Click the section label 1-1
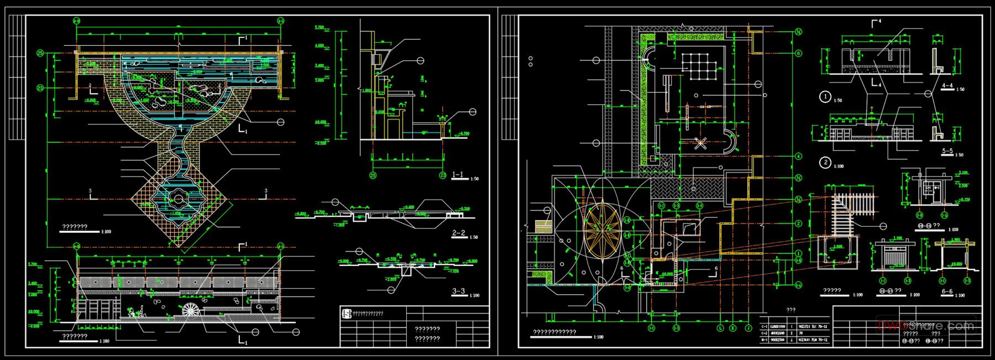pyautogui.click(x=458, y=175)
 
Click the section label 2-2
pyautogui.click(x=458, y=233)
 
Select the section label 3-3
pyautogui.click(x=458, y=291)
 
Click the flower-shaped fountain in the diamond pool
pyautogui.click(x=179, y=197)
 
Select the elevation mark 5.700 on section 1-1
pyautogui.click(x=319, y=27)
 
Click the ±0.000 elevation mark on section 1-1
pyautogui.click(x=320, y=122)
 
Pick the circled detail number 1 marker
pyautogui.click(x=825, y=97)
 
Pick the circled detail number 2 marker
pyautogui.click(x=825, y=163)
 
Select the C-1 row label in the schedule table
pyautogui.click(x=764, y=327)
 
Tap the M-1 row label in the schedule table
pyautogui.click(x=764, y=340)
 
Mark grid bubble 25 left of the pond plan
pyautogui.click(x=40, y=54)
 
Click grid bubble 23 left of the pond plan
pyautogui.click(x=40, y=88)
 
